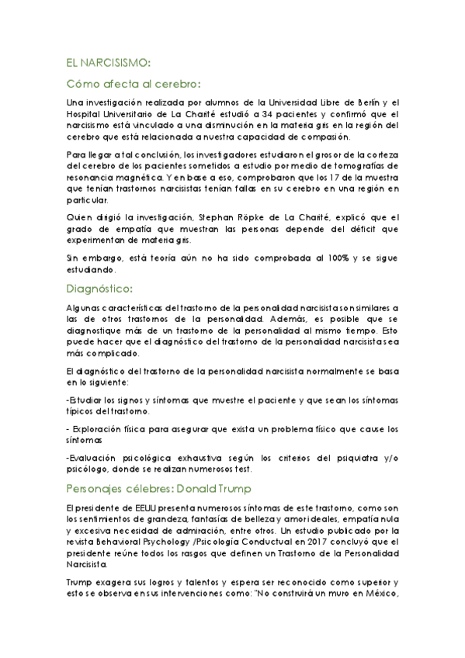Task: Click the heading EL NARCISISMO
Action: [x=108, y=62]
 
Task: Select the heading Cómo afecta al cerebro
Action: [x=134, y=83]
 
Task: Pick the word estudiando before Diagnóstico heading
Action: [x=91, y=271]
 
